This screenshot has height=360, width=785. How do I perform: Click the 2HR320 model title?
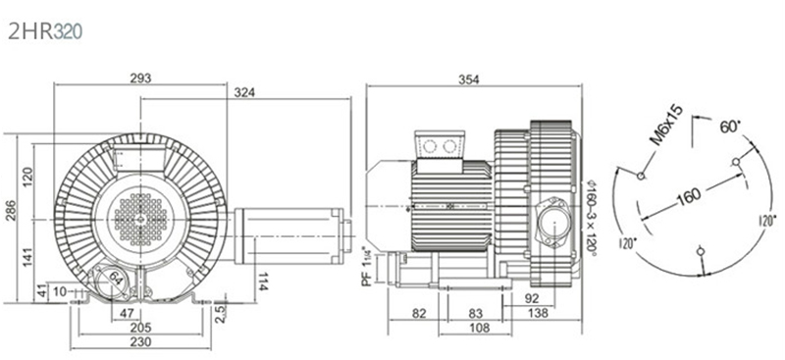point(44,31)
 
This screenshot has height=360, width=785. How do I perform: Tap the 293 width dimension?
point(140,77)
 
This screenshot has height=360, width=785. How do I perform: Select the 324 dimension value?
point(244,92)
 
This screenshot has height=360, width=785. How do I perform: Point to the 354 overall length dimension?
point(469,79)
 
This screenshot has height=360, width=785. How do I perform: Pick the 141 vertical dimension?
point(27,257)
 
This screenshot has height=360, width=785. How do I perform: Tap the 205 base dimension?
point(140,328)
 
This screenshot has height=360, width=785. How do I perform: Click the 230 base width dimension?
point(140,342)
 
